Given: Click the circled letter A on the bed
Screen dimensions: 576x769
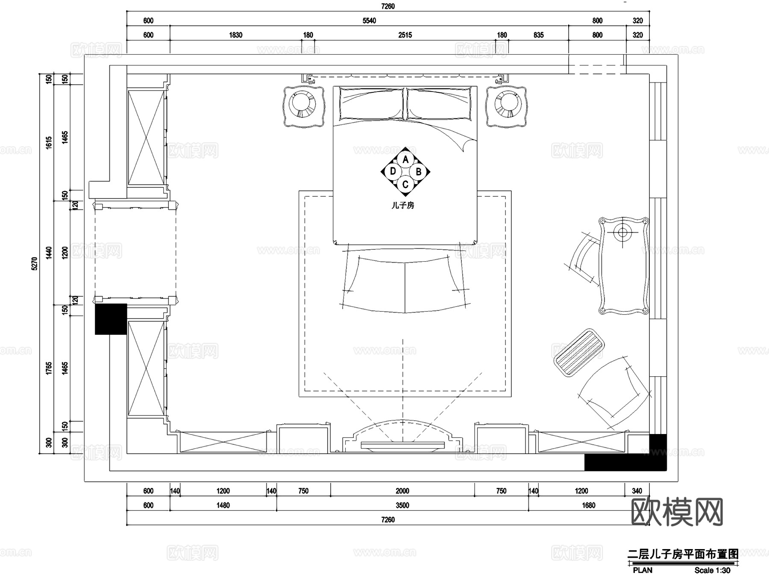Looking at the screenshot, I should pos(405,160).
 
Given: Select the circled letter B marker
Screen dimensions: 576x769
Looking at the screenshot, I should pos(418,172).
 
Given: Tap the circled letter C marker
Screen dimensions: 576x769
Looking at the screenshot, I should pos(405,184).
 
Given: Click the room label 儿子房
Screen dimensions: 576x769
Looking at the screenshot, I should pos(403,205).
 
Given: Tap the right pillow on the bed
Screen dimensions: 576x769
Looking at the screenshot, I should pos(439,104).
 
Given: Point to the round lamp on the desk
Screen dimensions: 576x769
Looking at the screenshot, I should pos(622,233).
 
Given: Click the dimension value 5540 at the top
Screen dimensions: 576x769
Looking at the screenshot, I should pos(369,21).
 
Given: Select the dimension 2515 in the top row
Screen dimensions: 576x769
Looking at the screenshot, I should pos(405,35).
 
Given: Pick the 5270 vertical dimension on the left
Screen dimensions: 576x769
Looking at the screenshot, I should pos(35,263).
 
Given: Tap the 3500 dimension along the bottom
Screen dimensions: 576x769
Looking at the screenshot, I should pos(402,505).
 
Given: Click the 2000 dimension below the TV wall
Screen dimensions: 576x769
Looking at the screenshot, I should pos(402,491).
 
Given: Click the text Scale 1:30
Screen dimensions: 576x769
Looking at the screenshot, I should pos(712,570).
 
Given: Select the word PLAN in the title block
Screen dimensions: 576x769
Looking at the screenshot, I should pos(643,570).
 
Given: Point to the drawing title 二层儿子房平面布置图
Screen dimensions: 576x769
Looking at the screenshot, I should pos(683,554).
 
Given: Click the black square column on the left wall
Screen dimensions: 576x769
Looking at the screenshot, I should pos(111,319).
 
